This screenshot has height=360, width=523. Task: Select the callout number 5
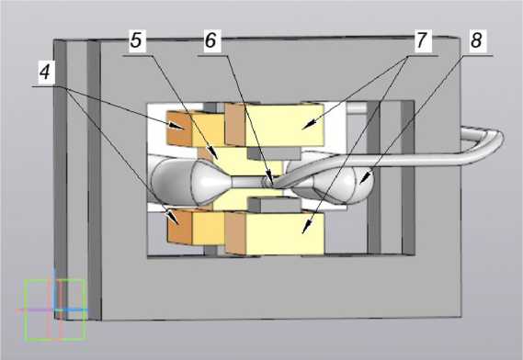(136, 40)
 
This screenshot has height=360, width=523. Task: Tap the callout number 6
(210, 40)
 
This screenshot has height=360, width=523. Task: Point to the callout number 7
(422, 40)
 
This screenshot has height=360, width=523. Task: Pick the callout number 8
(476, 40)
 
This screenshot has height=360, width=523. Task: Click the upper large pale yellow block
(284, 125)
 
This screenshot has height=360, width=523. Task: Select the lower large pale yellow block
(284, 232)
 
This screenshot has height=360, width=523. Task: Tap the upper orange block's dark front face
(179, 129)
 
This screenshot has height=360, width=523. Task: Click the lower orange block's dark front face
(179, 228)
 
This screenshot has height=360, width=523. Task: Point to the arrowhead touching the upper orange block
(176, 126)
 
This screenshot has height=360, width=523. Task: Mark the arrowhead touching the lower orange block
(174, 218)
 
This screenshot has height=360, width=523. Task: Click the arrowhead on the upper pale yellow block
(309, 125)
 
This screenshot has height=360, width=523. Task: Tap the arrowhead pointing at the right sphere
(365, 177)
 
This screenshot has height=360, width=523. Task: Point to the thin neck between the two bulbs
(246, 182)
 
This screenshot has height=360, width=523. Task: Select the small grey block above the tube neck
(274, 153)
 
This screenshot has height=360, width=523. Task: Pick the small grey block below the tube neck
(274, 205)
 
